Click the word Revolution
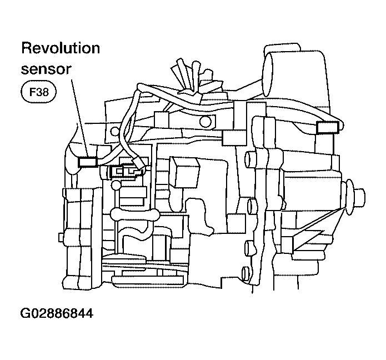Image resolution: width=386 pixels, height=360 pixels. [x=61, y=48]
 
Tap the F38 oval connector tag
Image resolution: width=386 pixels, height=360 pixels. [x=38, y=92]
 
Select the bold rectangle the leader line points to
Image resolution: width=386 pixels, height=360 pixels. [x=88, y=162]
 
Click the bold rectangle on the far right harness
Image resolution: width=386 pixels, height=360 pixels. [x=326, y=128]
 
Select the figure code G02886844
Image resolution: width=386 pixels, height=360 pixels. [x=56, y=313]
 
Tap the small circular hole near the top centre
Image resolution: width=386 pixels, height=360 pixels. [x=205, y=122]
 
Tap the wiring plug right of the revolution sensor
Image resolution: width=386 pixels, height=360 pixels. [x=127, y=171]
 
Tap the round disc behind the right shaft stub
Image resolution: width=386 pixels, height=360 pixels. [x=349, y=197]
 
